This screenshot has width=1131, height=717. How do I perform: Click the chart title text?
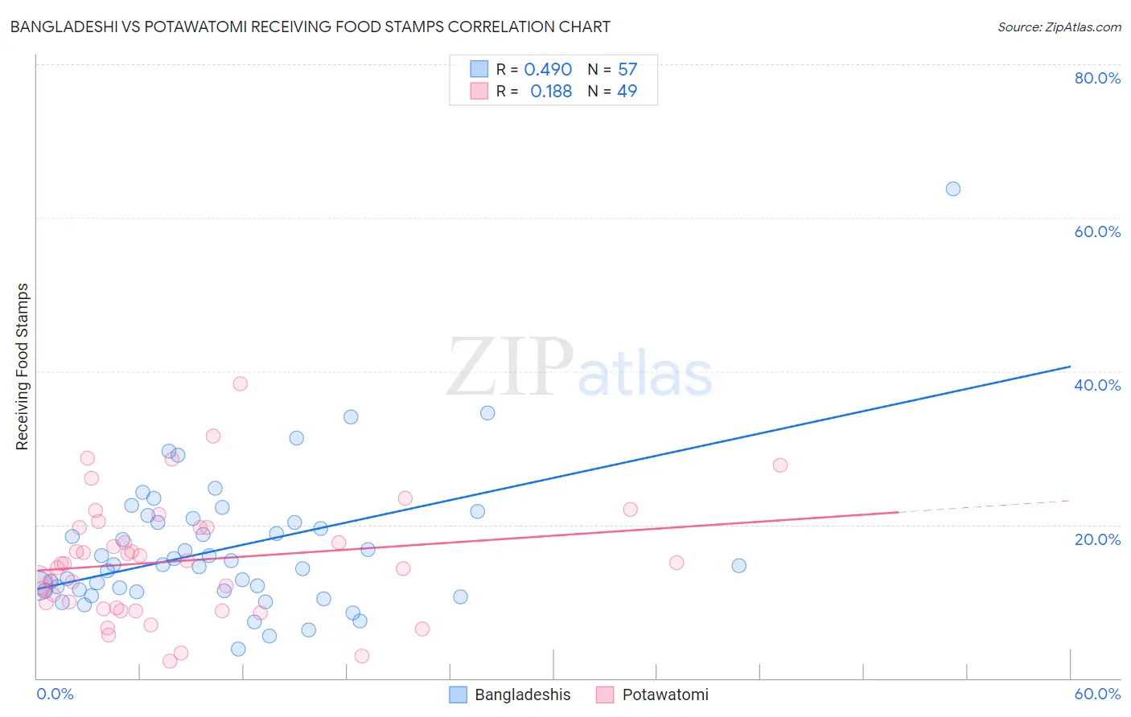pos(310,27)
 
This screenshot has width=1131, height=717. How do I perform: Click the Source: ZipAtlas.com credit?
pos(1059,27)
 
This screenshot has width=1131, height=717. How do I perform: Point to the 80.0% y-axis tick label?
pos(1097,78)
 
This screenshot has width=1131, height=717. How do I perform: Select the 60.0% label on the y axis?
pos(1097,231)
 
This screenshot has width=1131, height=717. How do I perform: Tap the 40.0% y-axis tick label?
pos(1097,385)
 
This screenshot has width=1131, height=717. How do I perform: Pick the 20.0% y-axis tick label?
pos(1097,539)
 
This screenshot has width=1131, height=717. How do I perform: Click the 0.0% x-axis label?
pos(55,694)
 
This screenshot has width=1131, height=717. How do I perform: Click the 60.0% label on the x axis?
pos(1097,694)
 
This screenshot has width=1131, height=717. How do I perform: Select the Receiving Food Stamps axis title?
pos(23,367)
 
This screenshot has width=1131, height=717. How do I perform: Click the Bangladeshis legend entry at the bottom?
pos(510,694)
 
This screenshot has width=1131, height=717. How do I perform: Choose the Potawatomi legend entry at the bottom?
pos(652,694)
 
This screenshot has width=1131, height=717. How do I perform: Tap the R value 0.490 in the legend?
pos(548,70)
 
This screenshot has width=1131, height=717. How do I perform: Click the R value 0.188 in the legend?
pos(551,92)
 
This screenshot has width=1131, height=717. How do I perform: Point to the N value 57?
pos(627,70)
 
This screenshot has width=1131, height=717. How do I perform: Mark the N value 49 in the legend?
pos(627,92)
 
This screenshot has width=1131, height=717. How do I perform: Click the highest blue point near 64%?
pos(953,189)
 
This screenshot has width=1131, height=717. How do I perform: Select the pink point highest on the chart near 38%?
pos(240,383)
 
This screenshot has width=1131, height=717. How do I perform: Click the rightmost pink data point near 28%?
pos(779,465)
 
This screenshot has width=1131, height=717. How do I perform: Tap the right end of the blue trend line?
pos(1070,367)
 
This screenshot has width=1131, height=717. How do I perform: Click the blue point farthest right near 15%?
pos(738,566)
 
